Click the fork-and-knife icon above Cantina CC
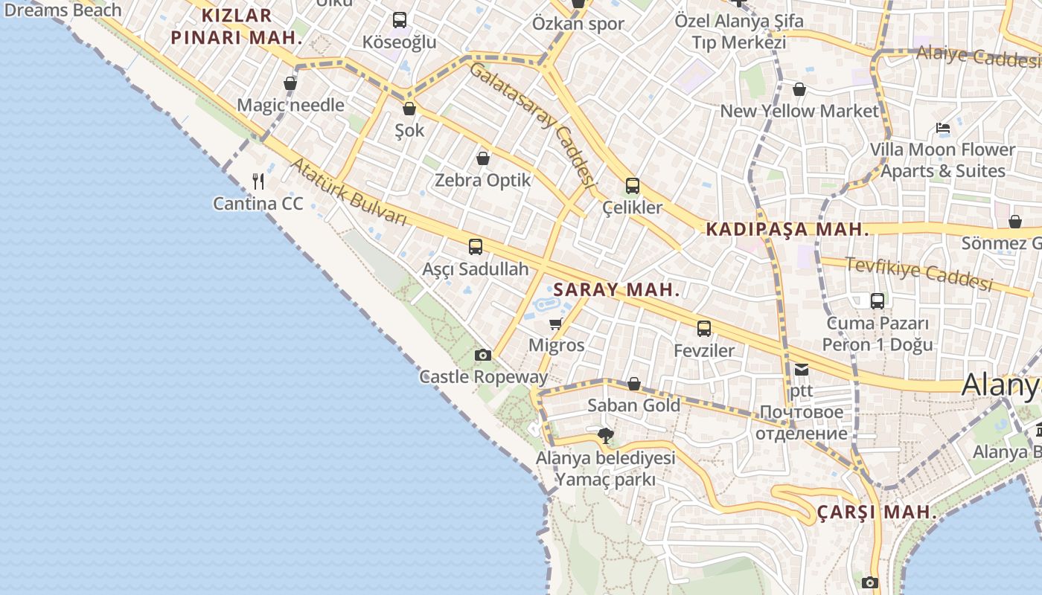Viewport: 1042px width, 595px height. click(258, 181)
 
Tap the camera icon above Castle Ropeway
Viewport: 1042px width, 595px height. click(483, 355)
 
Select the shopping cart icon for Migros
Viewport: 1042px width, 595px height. click(555, 324)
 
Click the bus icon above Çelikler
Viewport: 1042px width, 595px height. click(633, 186)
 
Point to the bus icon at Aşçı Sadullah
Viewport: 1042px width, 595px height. click(476, 247)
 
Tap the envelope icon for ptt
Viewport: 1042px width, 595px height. click(802, 369)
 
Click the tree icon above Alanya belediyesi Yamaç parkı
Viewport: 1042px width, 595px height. click(606, 436)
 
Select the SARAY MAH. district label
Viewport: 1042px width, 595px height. click(617, 290)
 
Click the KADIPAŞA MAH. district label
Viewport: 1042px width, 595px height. click(787, 230)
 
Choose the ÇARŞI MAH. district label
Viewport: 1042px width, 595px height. click(877, 512)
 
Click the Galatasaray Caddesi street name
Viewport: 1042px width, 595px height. click(534, 123)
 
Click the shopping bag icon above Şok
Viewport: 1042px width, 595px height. click(409, 109)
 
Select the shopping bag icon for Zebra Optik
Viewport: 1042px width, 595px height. click(483, 158)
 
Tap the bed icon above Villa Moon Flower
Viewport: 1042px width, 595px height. click(943, 128)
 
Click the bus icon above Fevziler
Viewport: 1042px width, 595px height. click(704, 328)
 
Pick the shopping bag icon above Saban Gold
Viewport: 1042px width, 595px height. click(634, 384)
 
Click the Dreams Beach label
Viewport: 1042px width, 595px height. click(63, 10)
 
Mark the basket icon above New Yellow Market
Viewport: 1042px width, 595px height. click(799, 90)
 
